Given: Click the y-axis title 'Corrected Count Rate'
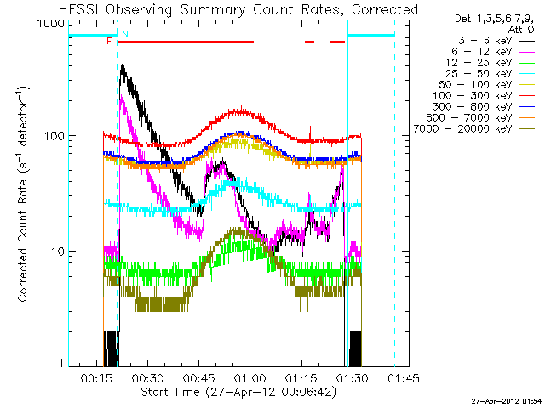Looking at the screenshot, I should [23, 194].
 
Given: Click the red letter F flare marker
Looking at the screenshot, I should [109, 41].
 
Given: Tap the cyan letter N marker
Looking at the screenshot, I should [125, 34].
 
